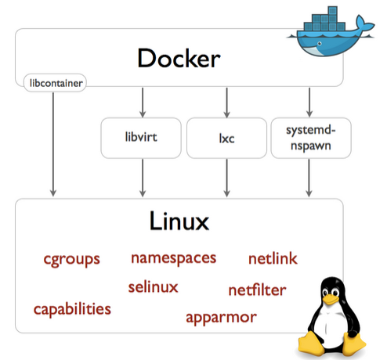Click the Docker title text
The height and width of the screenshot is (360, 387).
[179, 58]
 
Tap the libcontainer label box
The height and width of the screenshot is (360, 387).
[55, 83]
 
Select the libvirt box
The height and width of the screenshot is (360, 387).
[141, 138]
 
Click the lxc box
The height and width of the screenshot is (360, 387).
[226, 138]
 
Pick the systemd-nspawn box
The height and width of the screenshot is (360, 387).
[311, 138]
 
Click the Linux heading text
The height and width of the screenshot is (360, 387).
[179, 221]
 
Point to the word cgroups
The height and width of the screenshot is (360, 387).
[72, 260]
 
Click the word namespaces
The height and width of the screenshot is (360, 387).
[174, 258]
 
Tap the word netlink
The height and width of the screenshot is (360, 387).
[273, 258]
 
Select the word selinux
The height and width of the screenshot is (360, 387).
[153, 287]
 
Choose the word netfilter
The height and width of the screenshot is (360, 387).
[257, 290]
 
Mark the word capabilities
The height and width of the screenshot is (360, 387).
[72, 310]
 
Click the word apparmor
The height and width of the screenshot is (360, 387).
[221, 318]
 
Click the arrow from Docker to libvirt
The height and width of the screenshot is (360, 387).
[143, 103]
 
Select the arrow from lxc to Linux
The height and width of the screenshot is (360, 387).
[227, 178]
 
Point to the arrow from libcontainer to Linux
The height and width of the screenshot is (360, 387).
[53, 144]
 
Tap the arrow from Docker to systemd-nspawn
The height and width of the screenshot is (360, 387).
[309, 103]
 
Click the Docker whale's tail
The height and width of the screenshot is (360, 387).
[363, 26]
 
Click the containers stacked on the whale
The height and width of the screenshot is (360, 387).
[324, 21]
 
